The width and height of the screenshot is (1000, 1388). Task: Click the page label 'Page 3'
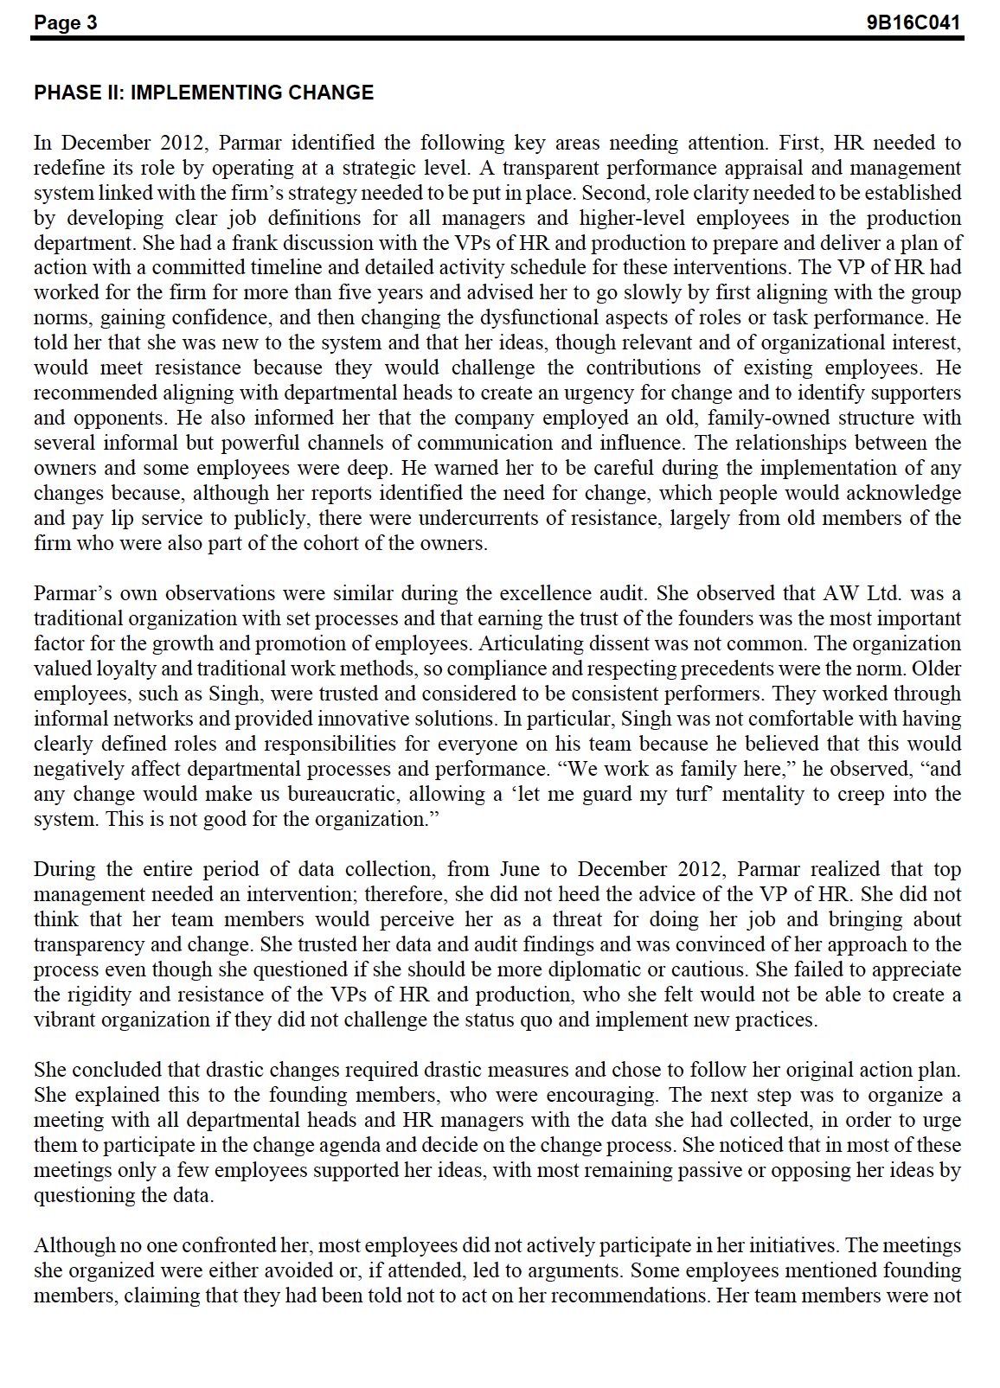click(x=66, y=22)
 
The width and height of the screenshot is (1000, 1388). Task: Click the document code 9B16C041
click(x=913, y=22)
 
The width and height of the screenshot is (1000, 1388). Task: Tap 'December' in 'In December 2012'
click(x=109, y=143)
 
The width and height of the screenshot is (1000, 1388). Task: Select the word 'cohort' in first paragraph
click(x=337, y=543)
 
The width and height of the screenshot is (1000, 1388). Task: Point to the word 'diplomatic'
click(x=643, y=969)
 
